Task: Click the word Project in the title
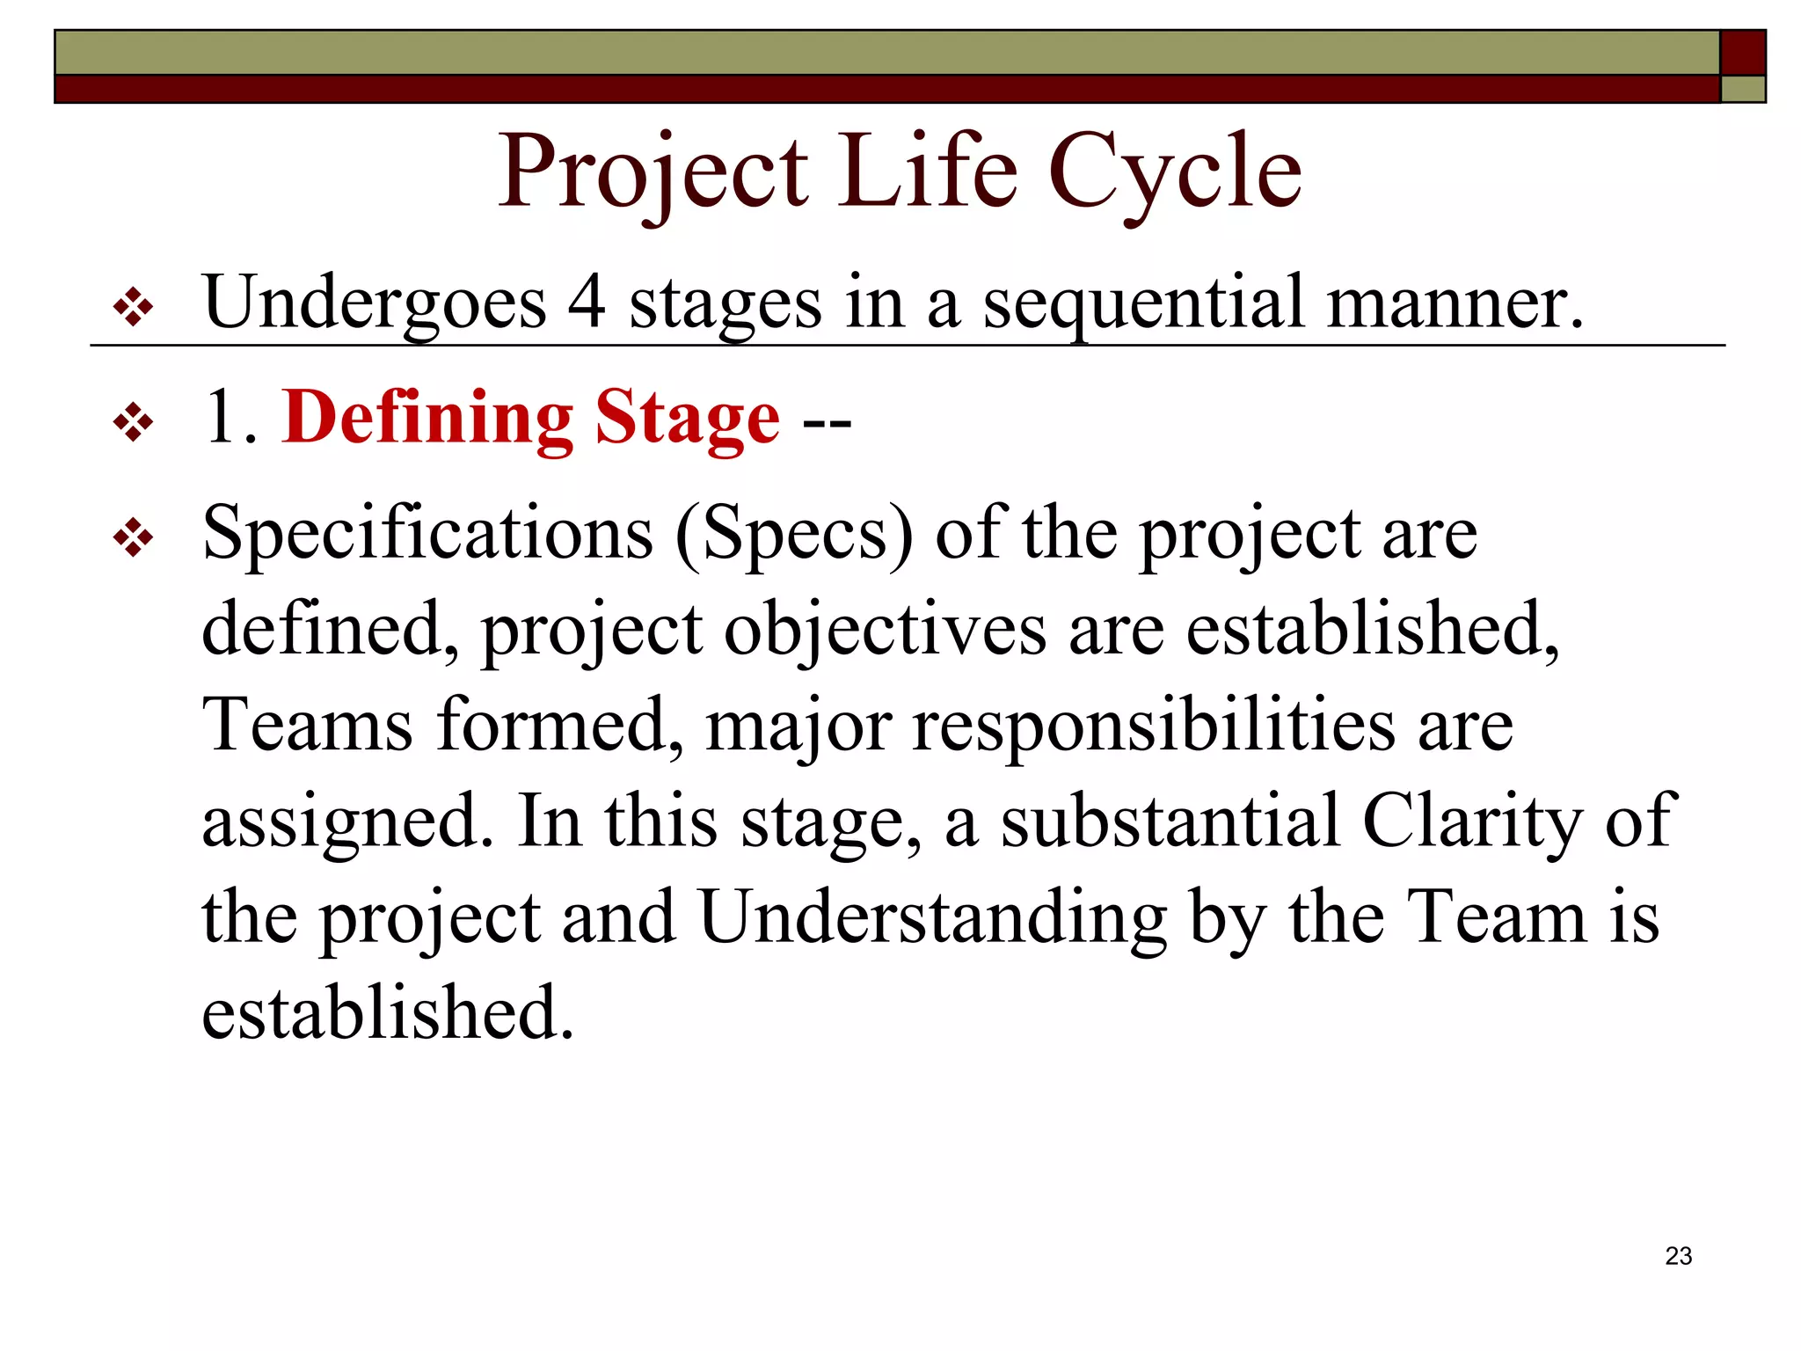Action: pyautogui.click(x=653, y=172)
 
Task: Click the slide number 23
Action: pyautogui.click(x=1678, y=1256)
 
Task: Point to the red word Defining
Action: pyautogui.click(x=427, y=418)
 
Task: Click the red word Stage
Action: pyautogui.click(x=687, y=420)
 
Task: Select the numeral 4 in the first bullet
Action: pyautogui.click(x=587, y=302)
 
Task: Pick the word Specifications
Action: pyautogui.click(x=427, y=534)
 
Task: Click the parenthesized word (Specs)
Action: pyautogui.click(x=794, y=534)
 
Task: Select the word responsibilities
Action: pyautogui.click(x=1153, y=727)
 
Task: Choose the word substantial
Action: pyautogui.click(x=1170, y=821)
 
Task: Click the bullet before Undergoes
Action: pyautogui.click(x=133, y=309)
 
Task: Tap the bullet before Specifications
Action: pyautogui.click(x=133, y=538)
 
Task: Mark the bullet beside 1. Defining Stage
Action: pyautogui.click(x=133, y=423)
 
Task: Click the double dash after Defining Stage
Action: pyautogui.click(x=827, y=423)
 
